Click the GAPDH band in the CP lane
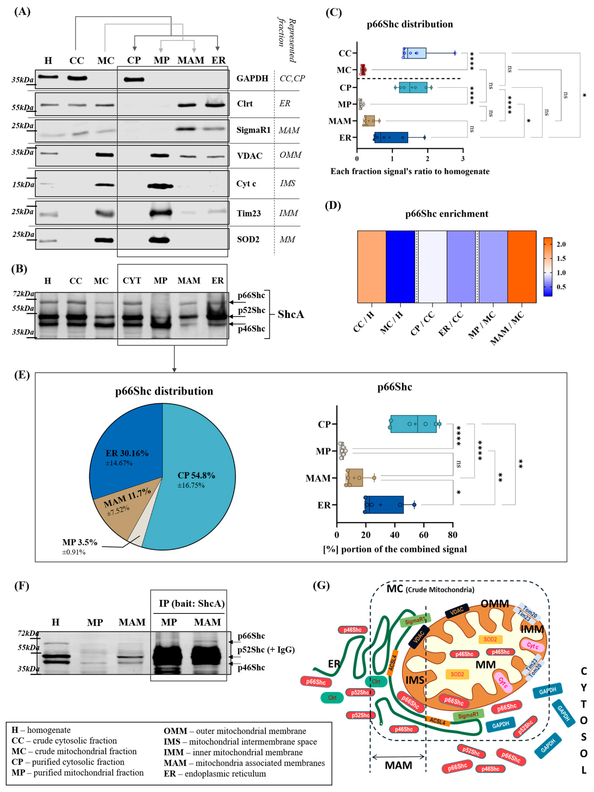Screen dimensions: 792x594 tap(134, 80)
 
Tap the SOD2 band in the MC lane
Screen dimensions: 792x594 tap(104, 240)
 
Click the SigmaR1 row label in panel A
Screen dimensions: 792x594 tap(253, 130)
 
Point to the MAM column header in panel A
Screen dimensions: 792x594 tap(191, 60)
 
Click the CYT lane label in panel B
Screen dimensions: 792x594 tap(132, 281)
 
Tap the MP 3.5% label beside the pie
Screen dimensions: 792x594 tap(80, 542)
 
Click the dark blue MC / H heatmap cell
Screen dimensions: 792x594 tap(400, 267)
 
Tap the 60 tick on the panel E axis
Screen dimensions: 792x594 tap(423, 535)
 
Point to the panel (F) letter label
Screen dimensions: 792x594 tap(21, 586)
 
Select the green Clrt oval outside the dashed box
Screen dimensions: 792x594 tap(332, 697)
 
